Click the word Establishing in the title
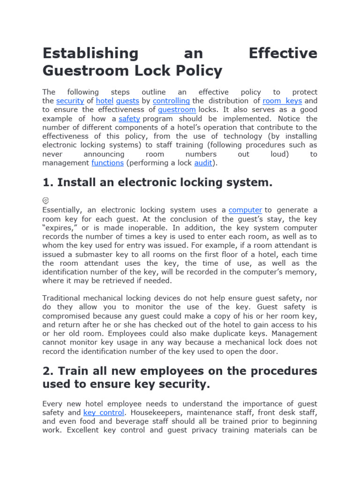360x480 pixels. tap(90, 53)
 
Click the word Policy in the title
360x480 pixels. tap(199, 71)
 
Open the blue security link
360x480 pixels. tap(70, 101)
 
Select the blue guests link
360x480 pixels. tap(127, 101)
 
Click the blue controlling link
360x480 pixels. tap(171, 101)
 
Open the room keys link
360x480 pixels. tap(282, 101)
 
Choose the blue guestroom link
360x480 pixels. tap(177, 110)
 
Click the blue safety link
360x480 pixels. tap(129, 119)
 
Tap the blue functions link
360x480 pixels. tap(107, 163)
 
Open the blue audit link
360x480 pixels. tap(203, 163)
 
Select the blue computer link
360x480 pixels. tap(245, 210)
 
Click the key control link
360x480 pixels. tap(104, 412)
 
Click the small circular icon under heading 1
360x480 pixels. tap(45, 200)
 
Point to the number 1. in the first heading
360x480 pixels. tap(48, 183)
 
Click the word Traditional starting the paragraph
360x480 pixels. tap(63, 298)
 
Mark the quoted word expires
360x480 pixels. tap(59, 228)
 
